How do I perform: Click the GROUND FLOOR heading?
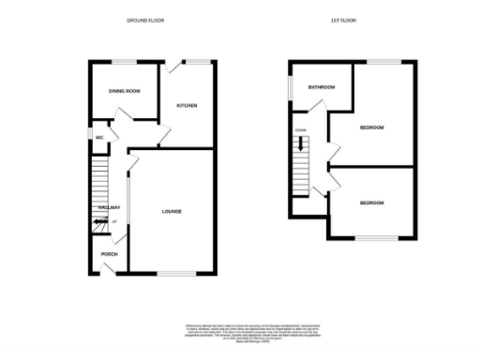coord(145,20)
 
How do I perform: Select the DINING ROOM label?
coord(124,91)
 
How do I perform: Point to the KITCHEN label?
coord(187,106)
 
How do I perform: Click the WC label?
coord(98,138)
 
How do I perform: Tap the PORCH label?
coord(109,253)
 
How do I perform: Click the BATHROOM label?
coord(322,87)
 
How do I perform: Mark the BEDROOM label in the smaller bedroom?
coord(371,202)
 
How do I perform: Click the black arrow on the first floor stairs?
coord(301,144)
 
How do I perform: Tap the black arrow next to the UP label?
coord(100,222)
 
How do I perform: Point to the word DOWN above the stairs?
coord(300,129)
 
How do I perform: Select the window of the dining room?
coord(124,62)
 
